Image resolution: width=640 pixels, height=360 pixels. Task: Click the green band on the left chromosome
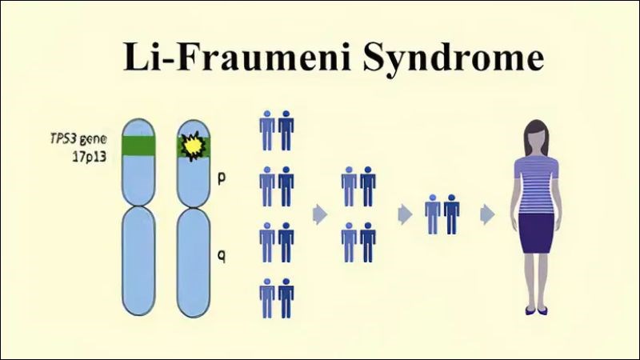[138, 144]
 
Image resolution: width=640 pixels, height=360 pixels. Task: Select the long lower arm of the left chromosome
[137, 259]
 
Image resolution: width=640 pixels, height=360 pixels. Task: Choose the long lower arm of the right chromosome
[191, 259]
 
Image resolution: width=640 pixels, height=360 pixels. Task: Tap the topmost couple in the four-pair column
[276, 130]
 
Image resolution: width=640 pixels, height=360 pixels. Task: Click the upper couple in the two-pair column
[358, 186]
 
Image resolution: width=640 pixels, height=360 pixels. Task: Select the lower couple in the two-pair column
[358, 242]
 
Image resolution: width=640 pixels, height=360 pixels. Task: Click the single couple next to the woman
[442, 214]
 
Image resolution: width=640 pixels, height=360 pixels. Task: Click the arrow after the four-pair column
[320, 214]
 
